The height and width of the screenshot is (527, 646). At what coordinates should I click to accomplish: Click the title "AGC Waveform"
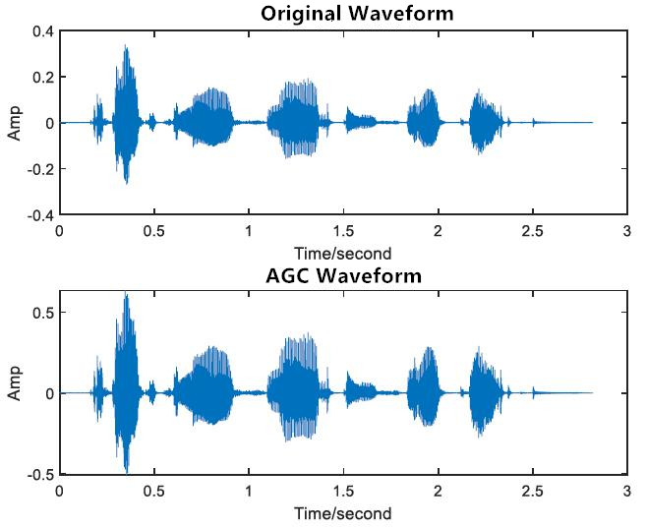(342, 275)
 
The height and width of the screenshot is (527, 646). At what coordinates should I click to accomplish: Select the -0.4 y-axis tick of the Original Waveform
(40, 214)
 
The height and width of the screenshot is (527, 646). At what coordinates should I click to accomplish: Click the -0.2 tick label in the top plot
(40, 168)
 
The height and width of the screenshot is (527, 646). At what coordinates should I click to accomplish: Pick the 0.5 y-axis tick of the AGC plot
(43, 312)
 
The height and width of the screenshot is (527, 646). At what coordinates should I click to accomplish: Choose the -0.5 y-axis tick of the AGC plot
(40, 475)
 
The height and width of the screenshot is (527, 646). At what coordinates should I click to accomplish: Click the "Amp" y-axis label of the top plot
(14, 123)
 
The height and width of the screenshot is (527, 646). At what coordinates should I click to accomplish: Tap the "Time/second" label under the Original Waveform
(342, 252)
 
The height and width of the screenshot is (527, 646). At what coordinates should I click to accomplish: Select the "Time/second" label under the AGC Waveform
(342, 513)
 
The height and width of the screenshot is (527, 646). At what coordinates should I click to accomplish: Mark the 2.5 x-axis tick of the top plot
(532, 231)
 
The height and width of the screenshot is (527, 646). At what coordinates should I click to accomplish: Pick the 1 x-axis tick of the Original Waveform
(249, 231)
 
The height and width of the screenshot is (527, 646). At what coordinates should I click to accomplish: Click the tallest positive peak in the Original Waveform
(126, 45)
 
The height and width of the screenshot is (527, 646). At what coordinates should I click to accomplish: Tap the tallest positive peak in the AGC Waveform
(126, 293)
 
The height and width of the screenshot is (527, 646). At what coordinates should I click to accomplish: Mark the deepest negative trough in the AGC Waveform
(127, 472)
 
